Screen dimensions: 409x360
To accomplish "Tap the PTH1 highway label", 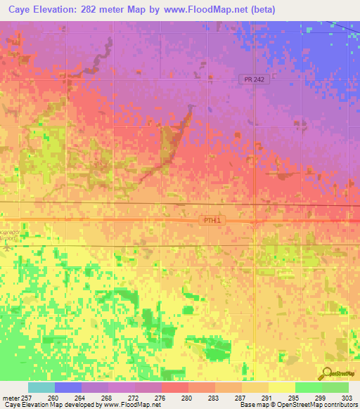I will [212, 220].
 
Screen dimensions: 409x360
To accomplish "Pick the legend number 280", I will [188, 397].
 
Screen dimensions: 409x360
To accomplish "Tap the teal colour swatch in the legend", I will [41, 387].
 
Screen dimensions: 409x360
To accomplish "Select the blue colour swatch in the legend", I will [68, 387].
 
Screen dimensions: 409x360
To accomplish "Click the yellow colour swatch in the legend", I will [282, 387].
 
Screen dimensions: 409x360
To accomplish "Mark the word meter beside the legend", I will [11, 397].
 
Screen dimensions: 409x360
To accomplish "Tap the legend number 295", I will [295, 397].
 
